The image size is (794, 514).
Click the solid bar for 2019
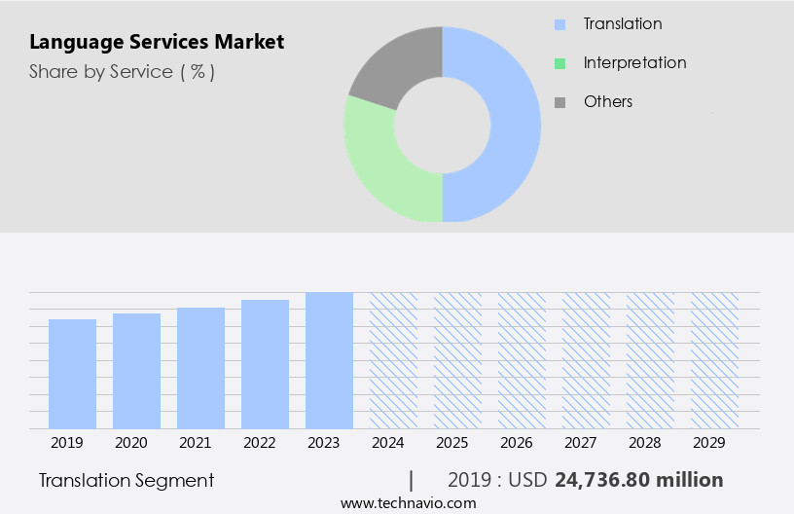point(72,374)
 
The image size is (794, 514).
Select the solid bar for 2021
point(200,368)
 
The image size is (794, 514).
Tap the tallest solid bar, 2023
point(329,360)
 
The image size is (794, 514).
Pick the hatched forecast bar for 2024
point(393,360)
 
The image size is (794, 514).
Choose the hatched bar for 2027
point(586,360)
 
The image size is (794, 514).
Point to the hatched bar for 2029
point(714,360)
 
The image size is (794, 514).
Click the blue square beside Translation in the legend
point(559,24)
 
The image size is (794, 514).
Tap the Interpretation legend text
point(634,62)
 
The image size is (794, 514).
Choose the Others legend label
point(607,101)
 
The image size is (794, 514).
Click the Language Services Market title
point(157,42)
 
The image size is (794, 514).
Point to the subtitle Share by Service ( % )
point(122,71)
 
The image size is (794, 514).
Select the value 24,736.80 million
point(638,480)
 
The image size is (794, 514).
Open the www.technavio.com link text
point(408,502)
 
